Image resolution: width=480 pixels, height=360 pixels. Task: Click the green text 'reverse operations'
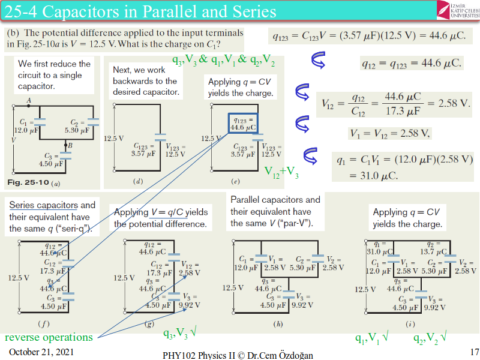[49, 337]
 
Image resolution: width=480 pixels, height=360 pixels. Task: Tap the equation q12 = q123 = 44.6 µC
[412, 62]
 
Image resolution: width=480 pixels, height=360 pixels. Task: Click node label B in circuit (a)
[70, 145]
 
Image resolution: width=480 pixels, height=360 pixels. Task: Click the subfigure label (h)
[278, 323]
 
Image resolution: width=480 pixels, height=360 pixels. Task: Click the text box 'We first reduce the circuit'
[54, 74]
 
